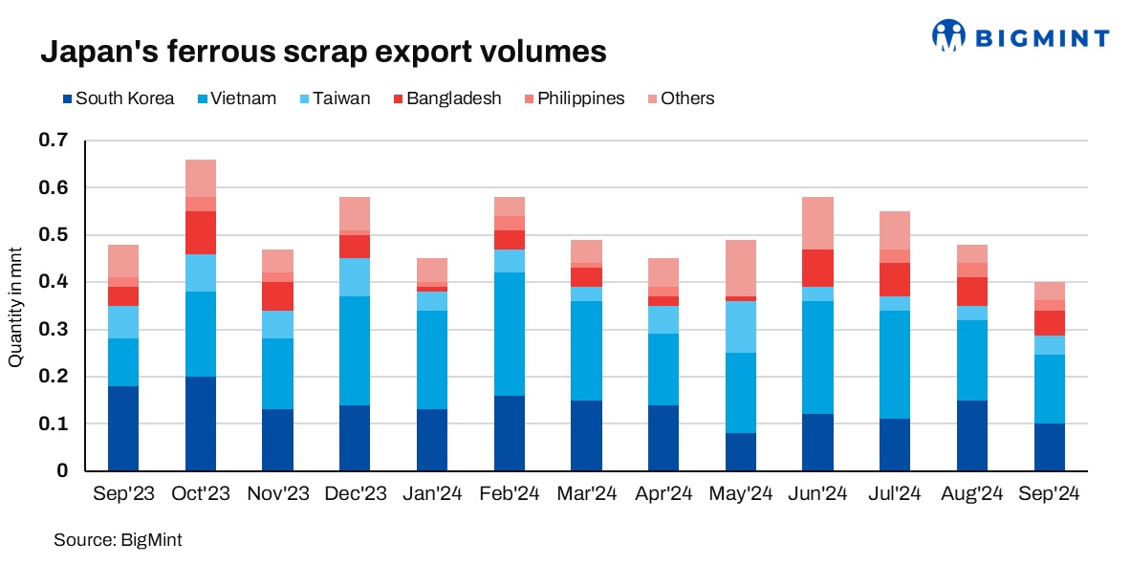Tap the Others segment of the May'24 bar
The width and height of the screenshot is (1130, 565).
741,268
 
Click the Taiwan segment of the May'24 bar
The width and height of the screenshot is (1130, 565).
741,327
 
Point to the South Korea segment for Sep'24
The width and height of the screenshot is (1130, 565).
1050,447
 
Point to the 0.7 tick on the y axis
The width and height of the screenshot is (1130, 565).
54,141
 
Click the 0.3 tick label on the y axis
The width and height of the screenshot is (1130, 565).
54,330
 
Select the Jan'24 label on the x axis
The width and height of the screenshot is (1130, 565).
432,494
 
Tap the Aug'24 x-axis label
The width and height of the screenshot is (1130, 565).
972,494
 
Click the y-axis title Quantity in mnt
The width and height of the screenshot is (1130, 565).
15,306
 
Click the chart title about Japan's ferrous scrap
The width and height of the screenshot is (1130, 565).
323,52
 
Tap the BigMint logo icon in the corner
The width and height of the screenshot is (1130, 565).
949,36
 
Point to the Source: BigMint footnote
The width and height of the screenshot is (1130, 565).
118,540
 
